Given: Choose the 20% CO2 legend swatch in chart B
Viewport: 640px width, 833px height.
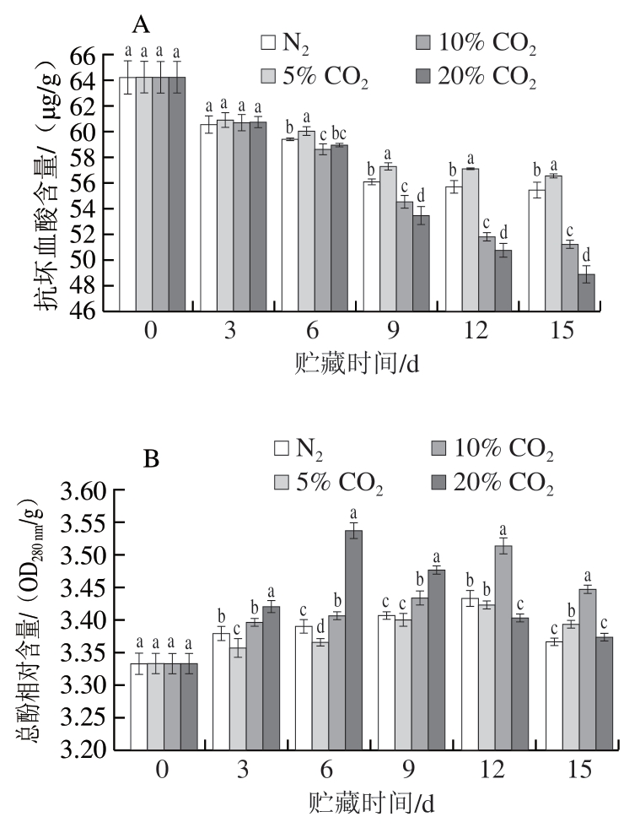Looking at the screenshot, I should click(x=438, y=484).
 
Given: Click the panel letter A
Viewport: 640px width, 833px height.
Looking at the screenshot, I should click(x=140, y=19).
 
